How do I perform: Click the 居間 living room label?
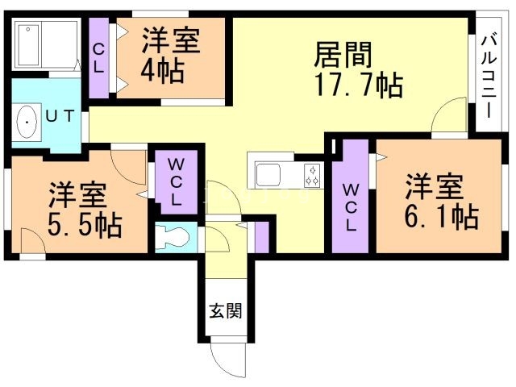click(343, 55)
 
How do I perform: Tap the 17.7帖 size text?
click(360, 85)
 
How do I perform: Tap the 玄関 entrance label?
click(226, 310)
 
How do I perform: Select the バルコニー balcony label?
click(489, 77)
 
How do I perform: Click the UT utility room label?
click(60, 116)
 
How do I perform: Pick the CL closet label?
click(98, 59)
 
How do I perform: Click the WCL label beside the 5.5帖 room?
click(176, 182)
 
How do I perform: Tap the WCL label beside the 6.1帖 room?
click(351, 207)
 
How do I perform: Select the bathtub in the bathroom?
click(29, 45)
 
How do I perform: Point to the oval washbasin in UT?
click(27, 122)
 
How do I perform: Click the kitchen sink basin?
click(268, 174)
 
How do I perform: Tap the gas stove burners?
click(312, 175)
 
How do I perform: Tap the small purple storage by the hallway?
click(262, 237)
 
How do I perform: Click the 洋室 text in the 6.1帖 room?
click(435, 186)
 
